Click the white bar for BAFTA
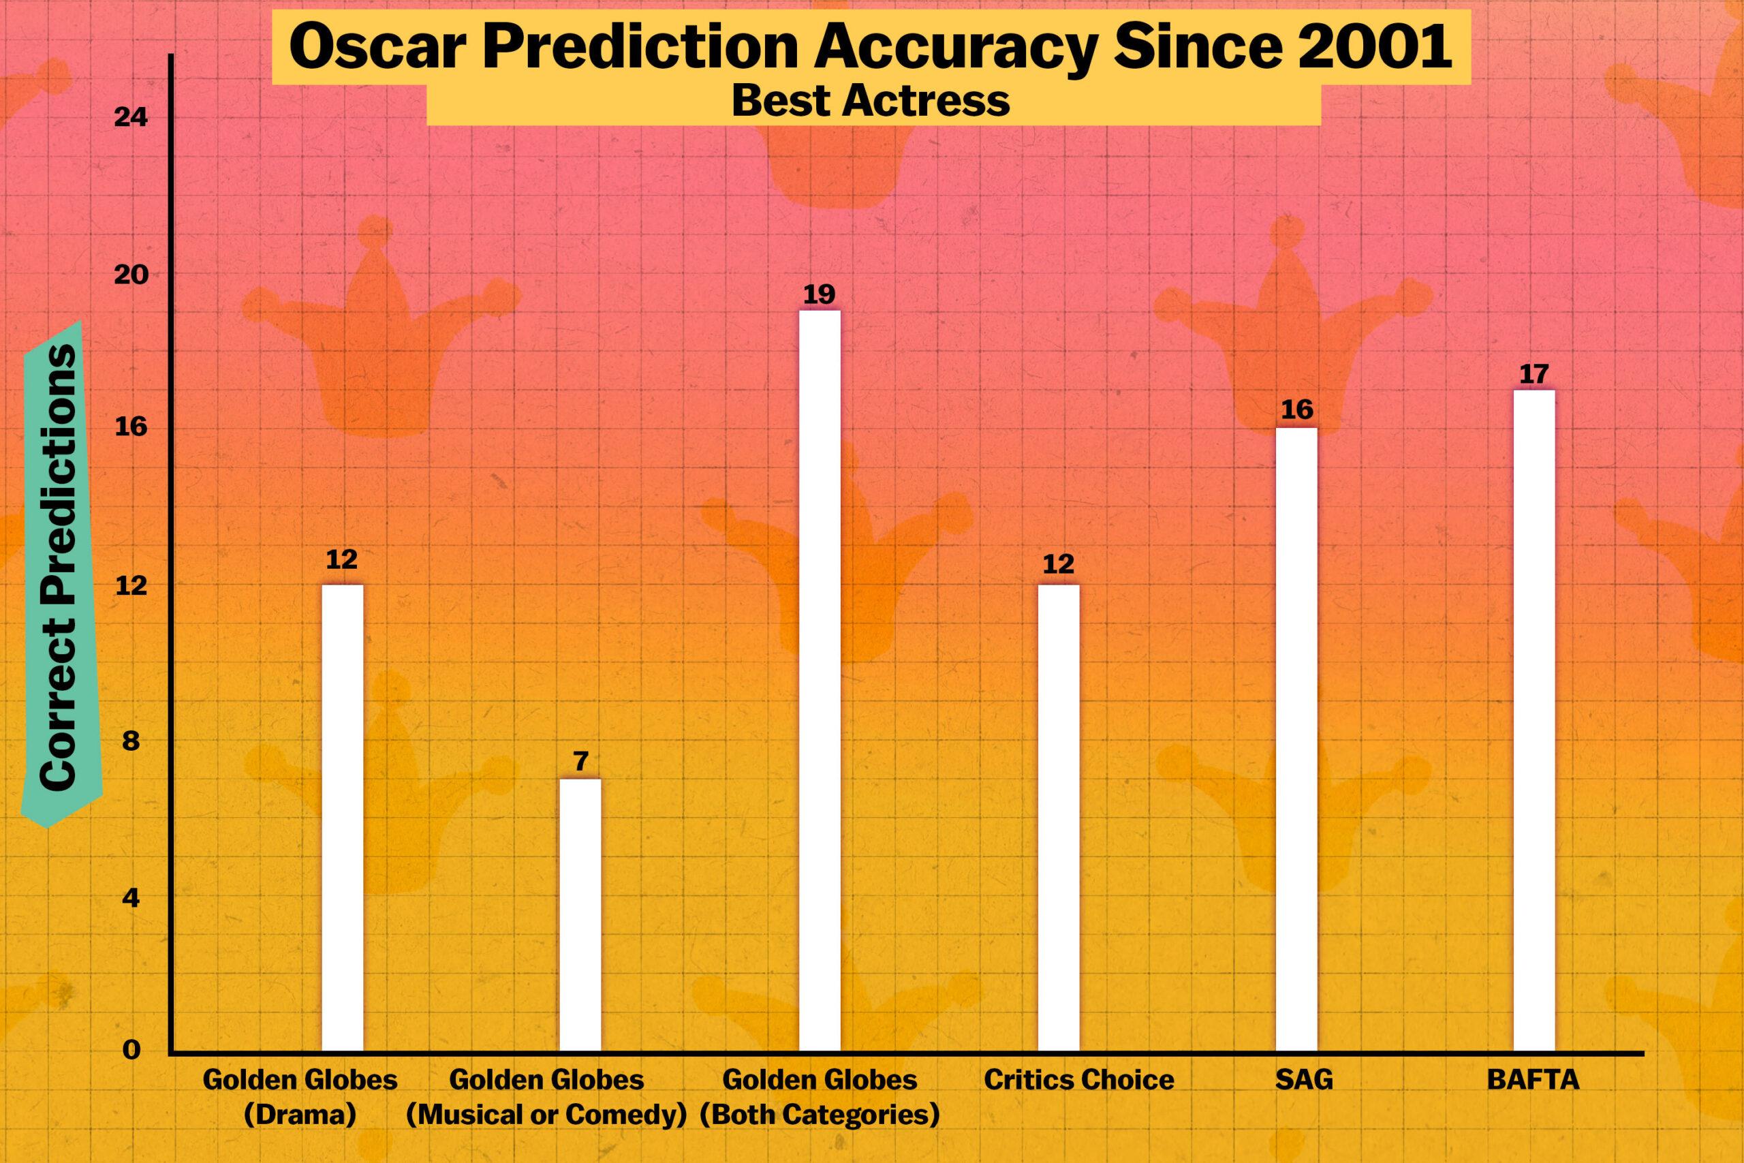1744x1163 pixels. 1533,719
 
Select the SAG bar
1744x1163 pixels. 1296,739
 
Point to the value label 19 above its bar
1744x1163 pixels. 820,294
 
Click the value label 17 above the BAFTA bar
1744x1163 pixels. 1533,374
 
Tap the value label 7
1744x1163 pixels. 580,762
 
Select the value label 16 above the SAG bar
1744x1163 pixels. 1297,410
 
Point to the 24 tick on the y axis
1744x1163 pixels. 131,117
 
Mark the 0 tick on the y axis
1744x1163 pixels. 131,1051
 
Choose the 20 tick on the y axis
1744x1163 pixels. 131,275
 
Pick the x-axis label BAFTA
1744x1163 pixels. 1533,1080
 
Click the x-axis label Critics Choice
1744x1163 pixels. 1079,1080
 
